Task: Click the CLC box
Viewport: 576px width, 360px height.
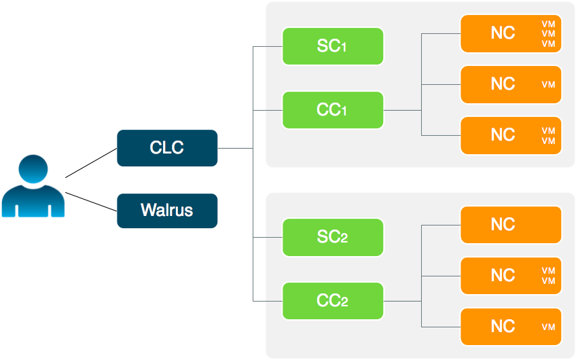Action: (x=167, y=148)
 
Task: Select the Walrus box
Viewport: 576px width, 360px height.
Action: (x=167, y=211)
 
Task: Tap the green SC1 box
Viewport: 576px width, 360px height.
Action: (x=332, y=47)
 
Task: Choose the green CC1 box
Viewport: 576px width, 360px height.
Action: (x=332, y=110)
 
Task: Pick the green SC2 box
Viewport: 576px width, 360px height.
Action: (x=332, y=238)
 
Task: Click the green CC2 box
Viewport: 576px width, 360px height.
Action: (x=332, y=301)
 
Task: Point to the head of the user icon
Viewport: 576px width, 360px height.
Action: (x=33, y=170)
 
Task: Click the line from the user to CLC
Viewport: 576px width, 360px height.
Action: (x=91, y=163)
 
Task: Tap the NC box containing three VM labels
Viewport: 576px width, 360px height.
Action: (x=511, y=33)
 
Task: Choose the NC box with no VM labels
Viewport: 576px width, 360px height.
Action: (x=511, y=225)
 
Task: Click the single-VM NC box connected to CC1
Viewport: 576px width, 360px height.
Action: (x=511, y=84)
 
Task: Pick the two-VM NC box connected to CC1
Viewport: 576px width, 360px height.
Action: (x=511, y=135)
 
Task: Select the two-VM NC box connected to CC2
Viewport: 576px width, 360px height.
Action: (x=511, y=276)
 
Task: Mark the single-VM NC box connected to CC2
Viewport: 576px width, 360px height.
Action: (x=511, y=327)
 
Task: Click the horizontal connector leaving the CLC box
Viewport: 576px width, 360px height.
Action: (x=235, y=148)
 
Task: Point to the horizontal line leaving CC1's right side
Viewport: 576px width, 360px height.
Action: (x=402, y=110)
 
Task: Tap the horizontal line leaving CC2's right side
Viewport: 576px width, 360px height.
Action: (x=402, y=301)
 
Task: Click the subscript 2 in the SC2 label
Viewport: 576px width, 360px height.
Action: (x=344, y=240)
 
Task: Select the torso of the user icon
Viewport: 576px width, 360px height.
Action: (x=33, y=203)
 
